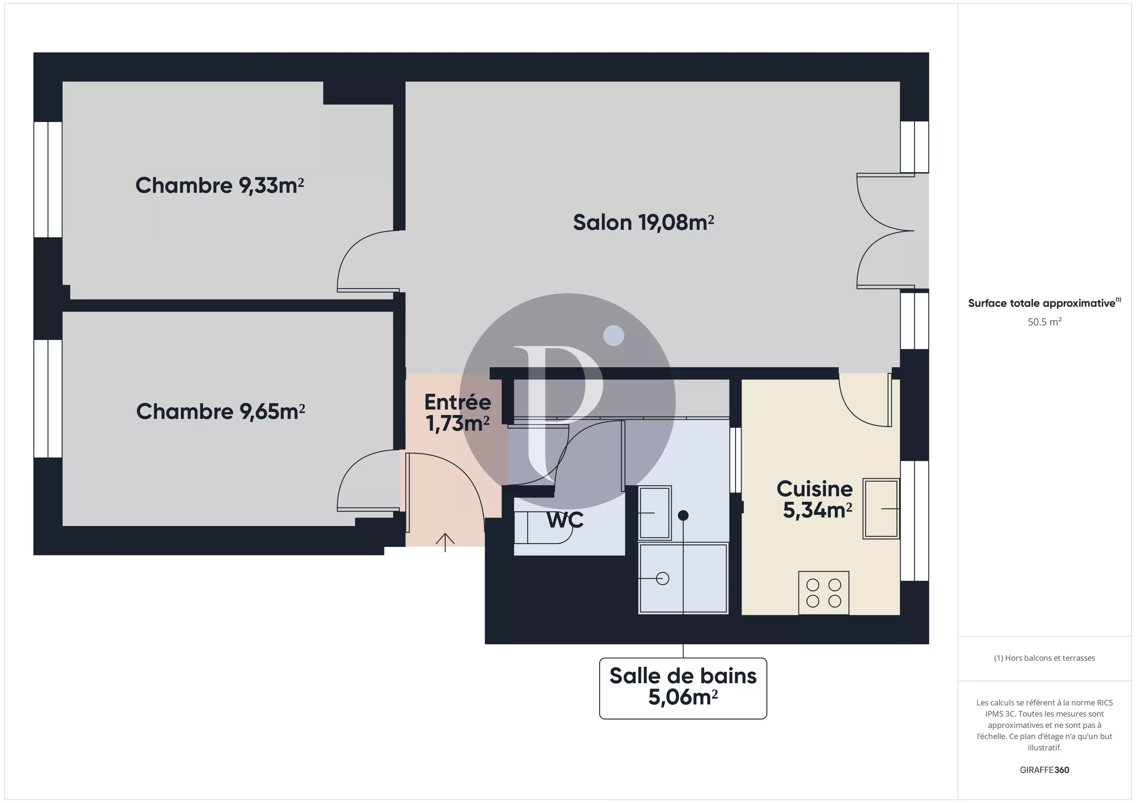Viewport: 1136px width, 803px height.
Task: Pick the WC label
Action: (x=565, y=520)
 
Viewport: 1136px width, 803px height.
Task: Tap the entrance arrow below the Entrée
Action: (x=445, y=542)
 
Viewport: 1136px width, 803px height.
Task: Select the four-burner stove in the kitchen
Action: (x=824, y=593)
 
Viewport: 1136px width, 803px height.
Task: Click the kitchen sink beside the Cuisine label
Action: (x=881, y=508)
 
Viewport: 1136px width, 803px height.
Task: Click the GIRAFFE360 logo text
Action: (x=1044, y=770)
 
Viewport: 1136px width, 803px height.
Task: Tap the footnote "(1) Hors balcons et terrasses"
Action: (x=1044, y=658)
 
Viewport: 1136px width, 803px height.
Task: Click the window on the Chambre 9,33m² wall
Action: (x=48, y=180)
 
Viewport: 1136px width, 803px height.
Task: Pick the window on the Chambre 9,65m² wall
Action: (x=48, y=398)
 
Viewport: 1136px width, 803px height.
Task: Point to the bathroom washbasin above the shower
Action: (x=655, y=513)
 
